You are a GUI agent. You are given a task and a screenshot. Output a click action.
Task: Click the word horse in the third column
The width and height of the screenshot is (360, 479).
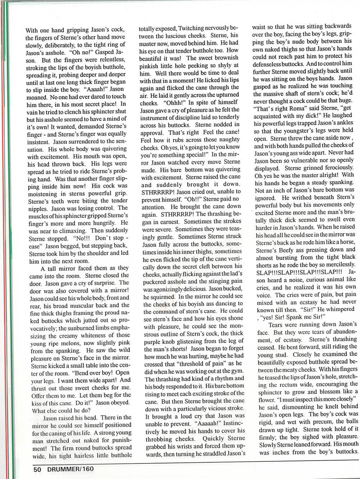point(347,241)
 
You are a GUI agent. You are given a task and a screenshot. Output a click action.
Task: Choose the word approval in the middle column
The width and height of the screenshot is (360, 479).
point(152,133)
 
